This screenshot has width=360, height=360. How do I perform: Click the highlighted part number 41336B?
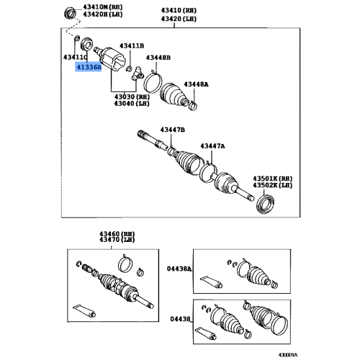tap(89, 67)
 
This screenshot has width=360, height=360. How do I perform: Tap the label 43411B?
tap(132, 46)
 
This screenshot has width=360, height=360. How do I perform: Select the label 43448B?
tap(158, 58)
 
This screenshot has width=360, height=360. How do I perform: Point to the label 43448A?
tap(196, 84)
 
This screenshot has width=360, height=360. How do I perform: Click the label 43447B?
tap(173, 130)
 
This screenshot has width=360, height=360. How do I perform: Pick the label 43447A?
tap(212, 146)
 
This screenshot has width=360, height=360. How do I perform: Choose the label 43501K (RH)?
tap(272, 179)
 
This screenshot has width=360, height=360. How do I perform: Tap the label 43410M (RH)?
tap(103, 7)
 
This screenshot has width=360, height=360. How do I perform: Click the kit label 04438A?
tap(179, 269)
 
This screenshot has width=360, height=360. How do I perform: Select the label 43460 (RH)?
tap(117, 234)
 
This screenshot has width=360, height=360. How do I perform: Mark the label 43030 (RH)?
tap(132, 97)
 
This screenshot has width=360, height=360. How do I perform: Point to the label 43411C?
tap(75, 57)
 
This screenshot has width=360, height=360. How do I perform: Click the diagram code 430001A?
tap(288, 355)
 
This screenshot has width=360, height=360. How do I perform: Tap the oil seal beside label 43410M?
tap(71, 13)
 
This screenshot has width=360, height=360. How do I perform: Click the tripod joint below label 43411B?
tap(137, 73)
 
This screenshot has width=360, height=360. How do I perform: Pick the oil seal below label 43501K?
tap(266, 204)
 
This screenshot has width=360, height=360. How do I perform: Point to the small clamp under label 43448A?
tap(193, 106)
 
